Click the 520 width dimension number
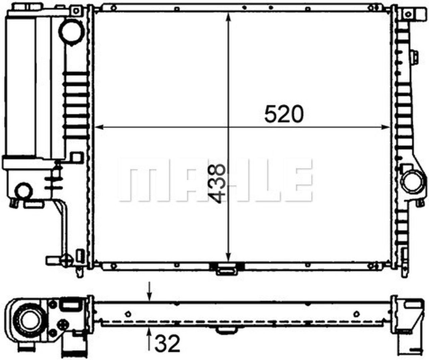284,114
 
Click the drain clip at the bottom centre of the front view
227,269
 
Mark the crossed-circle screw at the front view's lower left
67,260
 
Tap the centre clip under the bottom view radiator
227,331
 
